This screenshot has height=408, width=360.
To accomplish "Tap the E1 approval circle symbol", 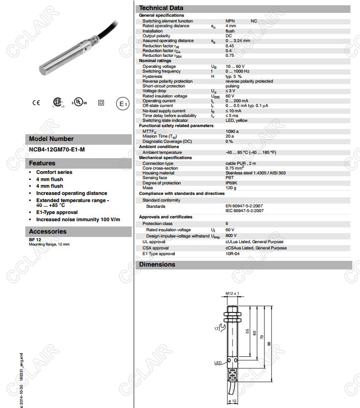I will click(123, 104).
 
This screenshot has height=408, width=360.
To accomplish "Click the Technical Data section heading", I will click(161, 8).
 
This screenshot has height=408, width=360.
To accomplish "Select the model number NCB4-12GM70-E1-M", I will click(57, 150).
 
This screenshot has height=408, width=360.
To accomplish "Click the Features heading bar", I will click(78, 163).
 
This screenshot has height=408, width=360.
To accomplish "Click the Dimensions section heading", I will click(157, 265).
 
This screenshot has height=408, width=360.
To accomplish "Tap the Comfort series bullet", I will click(54, 172).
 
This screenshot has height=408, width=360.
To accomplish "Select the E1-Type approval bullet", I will click(56, 212).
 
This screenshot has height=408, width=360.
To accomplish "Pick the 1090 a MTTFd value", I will click(232, 131).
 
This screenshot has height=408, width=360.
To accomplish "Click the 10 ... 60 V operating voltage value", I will click(234, 66).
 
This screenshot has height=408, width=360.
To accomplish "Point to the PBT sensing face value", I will click(230, 178).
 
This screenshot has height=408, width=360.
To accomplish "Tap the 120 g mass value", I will click(231, 188).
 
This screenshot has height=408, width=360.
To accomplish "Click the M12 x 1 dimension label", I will click(232, 293).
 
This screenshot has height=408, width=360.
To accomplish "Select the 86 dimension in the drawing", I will click(282, 344).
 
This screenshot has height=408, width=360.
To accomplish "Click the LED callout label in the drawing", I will click(218, 363).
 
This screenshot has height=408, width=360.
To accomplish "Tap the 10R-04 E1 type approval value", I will click(232, 254).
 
